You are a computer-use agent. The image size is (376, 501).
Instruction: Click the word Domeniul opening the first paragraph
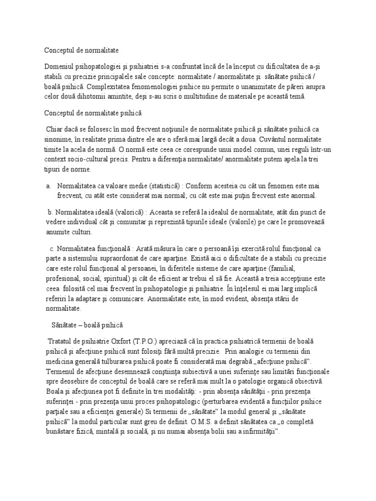pyautogui.click(x=61, y=66)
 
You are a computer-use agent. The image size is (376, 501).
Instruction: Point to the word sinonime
pyautogui.click(x=58, y=139)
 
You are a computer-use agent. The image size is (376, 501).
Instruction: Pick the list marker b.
pyautogui.click(x=49, y=212)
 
